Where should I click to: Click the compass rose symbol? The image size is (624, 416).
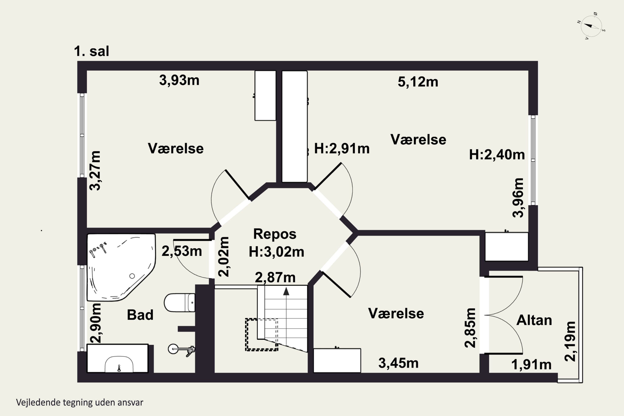point(591,26)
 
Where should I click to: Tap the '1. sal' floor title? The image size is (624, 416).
point(92,51)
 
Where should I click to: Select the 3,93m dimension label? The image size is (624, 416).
point(179,80)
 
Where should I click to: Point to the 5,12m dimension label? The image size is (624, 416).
point(418,82)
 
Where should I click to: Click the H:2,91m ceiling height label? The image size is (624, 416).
point(342,149)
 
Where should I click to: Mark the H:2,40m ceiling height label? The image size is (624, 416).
point(497,155)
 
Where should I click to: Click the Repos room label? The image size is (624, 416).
point(275,234)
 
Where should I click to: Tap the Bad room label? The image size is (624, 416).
point(140,315)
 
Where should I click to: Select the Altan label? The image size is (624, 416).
point(534,320)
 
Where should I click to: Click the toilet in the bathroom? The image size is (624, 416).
point(180,302)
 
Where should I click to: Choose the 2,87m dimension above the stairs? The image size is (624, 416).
point(275,277)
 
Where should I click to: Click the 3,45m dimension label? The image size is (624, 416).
point(398,363)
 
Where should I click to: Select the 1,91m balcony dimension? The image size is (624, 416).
point(531,365)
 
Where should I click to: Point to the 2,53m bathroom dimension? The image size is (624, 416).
point(182,251)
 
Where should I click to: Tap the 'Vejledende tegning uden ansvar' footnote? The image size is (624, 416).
point(80,402)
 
